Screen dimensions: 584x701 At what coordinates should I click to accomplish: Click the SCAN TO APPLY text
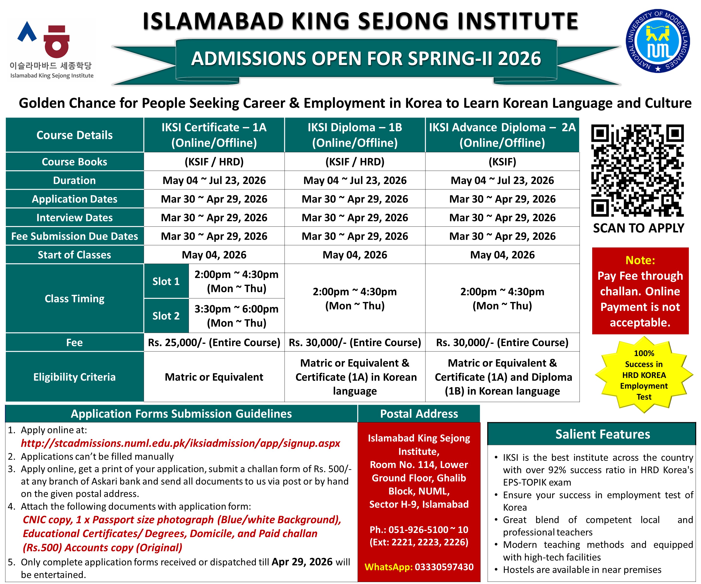click(x=638, y=228)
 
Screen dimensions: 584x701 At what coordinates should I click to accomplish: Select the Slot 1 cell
click(x=166, y=281)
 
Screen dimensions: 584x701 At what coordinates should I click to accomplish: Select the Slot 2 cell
click(x=166, y=316)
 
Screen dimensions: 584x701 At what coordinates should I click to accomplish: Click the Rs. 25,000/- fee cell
click(x=214, y=342)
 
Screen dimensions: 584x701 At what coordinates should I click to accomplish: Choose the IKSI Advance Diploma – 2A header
click(x=502, y=135)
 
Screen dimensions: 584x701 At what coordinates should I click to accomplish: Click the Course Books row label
click(x=74, y=162)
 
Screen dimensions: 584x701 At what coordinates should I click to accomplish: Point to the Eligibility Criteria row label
click(x=74, y=377)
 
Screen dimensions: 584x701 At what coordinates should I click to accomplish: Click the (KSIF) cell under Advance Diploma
click(x=502, y=162)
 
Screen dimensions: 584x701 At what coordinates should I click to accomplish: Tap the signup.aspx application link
click(x=180, y=443)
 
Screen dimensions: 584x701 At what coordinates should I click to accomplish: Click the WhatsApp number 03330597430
click(x=444, y=567)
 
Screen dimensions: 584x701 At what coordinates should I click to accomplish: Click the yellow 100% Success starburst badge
click(x=644, y=375)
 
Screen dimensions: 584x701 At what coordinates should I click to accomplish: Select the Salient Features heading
click(x=602, y=434)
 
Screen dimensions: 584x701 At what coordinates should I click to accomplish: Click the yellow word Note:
click(x=640, y=260)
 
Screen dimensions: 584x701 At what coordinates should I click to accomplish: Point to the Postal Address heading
click(x=419, y=414)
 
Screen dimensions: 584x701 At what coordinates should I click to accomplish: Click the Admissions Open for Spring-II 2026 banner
click(x=366, y=59)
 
